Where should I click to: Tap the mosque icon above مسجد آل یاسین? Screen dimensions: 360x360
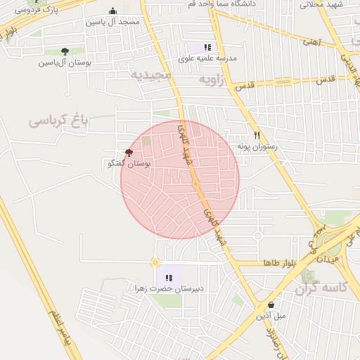[113, 11]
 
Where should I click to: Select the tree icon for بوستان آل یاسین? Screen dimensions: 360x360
[65, 51]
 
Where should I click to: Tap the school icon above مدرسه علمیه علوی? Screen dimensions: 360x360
[207, 46]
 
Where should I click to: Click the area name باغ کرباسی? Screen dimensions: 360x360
[58, 120]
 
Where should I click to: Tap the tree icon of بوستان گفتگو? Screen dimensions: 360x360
[128, 152]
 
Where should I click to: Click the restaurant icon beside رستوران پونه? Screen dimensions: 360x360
[257, 135]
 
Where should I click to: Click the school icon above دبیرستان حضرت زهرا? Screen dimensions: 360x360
[169, 278]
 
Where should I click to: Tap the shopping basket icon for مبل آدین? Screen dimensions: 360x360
[271, 304]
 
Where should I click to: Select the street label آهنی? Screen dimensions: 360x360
[310, 43]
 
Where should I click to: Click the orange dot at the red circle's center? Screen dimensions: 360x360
[195, 184]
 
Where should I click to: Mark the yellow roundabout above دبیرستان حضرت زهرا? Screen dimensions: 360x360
[155, 262]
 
